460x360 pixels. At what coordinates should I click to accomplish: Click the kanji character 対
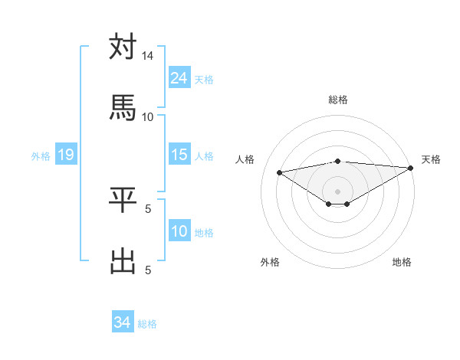(x=123, y=47)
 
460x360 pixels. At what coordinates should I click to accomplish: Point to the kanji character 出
(x=123, y=260)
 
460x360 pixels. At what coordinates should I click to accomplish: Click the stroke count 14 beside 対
(x=148, y=56)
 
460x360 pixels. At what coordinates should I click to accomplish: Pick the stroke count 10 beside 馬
(x=148, y=116)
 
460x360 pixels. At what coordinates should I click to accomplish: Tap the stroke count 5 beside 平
(x=148, y=208)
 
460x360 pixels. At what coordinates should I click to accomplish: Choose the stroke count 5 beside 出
(x=148, y=269)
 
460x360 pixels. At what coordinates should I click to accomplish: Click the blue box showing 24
(x=179, y=78)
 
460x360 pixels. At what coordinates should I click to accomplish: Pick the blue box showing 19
(x=66, y=155)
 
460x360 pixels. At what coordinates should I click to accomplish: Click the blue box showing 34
(x=122, y=323)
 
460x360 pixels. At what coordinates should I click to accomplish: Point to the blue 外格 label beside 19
(x=41, y=156)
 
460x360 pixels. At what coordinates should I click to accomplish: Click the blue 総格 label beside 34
(x=147, y=324)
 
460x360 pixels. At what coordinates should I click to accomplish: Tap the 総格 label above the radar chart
(x=338, y=100)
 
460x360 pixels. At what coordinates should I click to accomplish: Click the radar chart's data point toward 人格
(x=279, y=172)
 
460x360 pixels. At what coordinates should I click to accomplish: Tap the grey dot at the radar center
(x=338, y=191)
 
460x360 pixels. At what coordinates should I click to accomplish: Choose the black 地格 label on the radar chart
(x=402, y=262)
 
